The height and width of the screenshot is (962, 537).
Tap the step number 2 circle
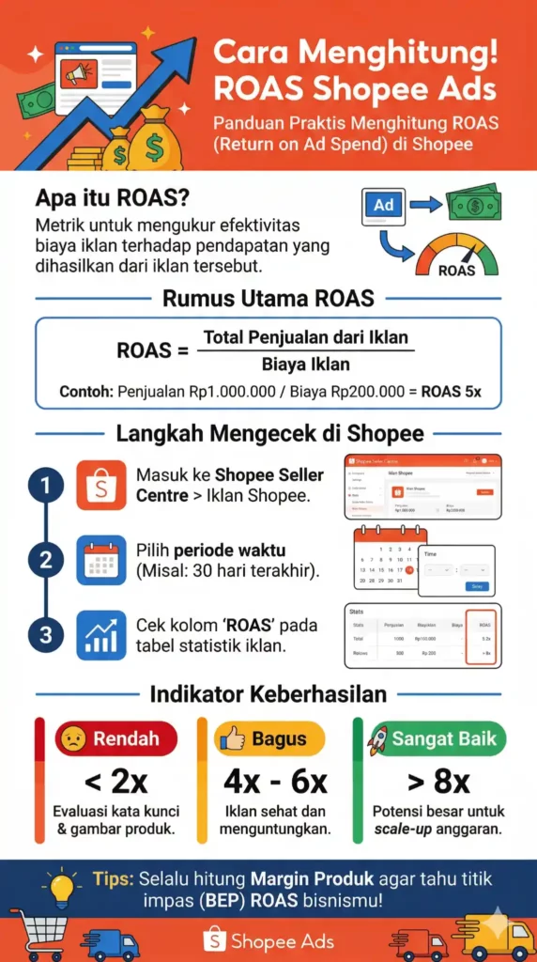45,561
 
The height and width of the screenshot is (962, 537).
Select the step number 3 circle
45,635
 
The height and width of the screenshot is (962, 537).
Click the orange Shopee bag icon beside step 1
100,485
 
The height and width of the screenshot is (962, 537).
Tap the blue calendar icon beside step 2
100,561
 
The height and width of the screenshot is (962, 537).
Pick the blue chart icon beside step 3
100,635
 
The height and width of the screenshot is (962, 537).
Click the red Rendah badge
115,738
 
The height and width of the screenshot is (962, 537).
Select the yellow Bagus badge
269,738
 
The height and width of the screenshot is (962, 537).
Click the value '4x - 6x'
270,782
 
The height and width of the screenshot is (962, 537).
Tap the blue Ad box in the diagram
383,205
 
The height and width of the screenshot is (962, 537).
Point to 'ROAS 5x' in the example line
451,391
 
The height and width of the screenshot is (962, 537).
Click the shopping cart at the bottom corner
37,936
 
